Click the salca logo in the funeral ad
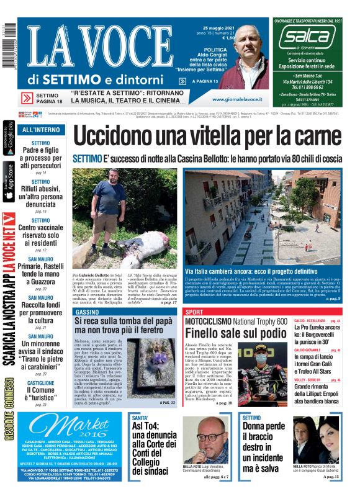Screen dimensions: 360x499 tap(307, 38)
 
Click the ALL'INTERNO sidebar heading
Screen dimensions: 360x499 tap(41, 130)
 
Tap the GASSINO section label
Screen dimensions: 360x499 tap(86, 312)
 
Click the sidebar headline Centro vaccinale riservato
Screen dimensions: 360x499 tap(41, 236)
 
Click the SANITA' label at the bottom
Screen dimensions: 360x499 tap(141, 418)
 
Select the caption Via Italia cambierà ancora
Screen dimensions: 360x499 tap(251, 271)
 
